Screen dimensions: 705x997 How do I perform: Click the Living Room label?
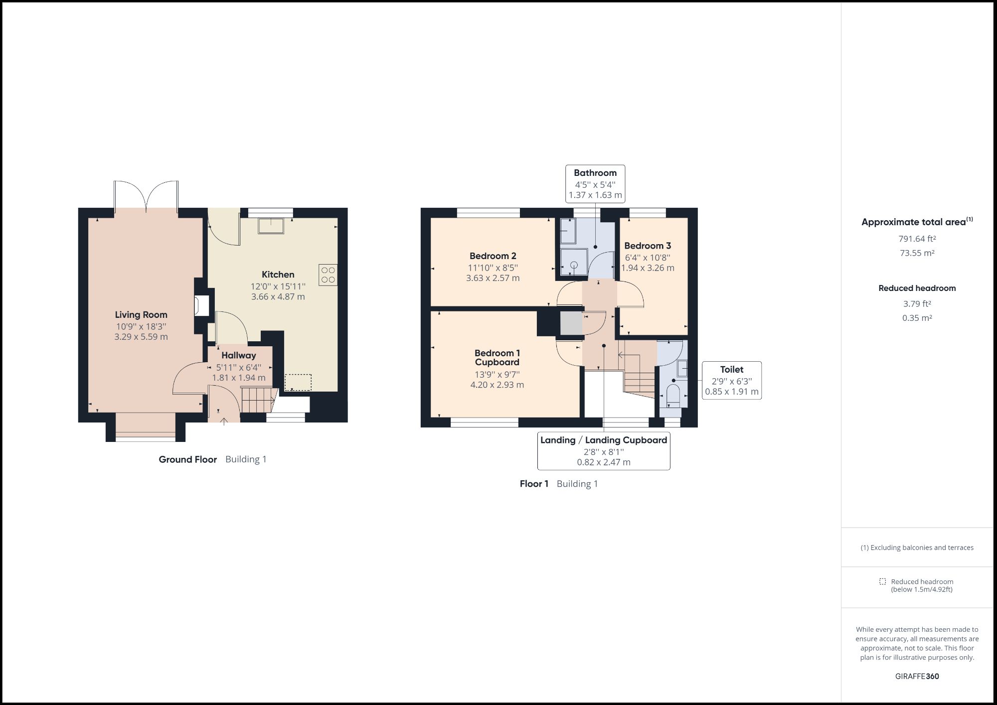pos(141,314)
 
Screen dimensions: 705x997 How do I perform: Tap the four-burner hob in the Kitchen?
pos(328,275)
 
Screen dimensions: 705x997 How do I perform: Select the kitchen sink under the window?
pos(271,226)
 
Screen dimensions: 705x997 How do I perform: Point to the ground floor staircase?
pos(258,400)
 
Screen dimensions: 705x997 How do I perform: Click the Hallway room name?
pos(238,355)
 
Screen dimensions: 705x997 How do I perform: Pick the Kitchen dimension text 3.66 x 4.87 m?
pos(278,296)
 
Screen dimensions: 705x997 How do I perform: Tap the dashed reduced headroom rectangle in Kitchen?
pos(298,382)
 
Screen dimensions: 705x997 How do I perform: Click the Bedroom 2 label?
pos(493,256)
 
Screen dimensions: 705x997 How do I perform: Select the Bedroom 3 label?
pos(647,246)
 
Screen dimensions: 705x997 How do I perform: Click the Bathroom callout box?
pos(595,184)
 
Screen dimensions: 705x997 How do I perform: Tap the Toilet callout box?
pos(731,381)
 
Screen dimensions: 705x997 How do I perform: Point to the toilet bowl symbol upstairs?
pos(672,394)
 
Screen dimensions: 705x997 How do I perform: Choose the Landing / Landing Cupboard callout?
pos(603,451)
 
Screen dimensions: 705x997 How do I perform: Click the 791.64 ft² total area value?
pos(917,239)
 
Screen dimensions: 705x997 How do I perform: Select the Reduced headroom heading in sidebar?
pos(917,288)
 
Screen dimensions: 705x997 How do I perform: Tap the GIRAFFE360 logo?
pos(917,676)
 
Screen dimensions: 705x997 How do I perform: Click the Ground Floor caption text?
pos(187,459)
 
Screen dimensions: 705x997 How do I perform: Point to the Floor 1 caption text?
pos(533,484)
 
